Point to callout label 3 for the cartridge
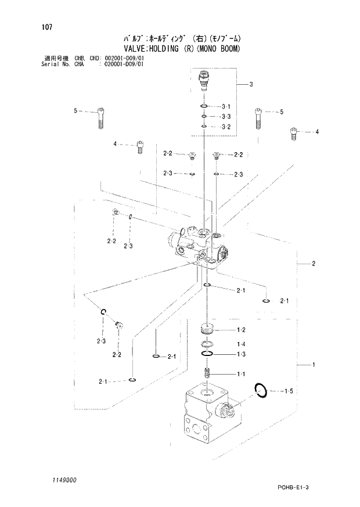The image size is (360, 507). click(x=250, y=85)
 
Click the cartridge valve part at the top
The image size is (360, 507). click(x=204, y=80)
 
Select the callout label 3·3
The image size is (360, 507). click(x=226, y=117)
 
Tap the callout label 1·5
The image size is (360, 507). click(x=288, y=391)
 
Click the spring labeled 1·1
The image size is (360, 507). click(x=207, y=372)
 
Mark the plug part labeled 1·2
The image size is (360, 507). click(x=207, y=330)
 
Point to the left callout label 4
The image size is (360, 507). click(x=115, y=143)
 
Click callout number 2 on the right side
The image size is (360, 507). click(x=313, y=264)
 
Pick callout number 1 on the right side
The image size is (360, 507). click(x=313, y=365)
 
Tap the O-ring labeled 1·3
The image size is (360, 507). click(x=207, y=354)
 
